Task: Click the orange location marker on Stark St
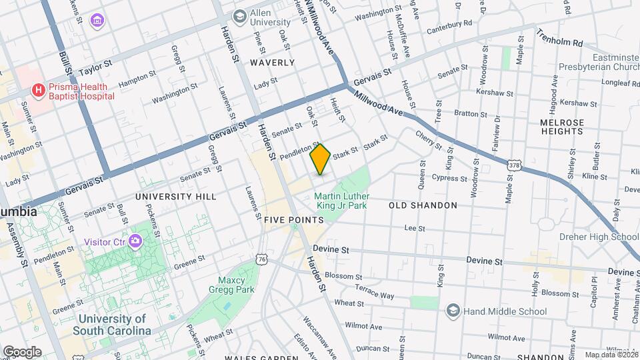point(321,159)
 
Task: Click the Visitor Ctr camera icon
point(137,241)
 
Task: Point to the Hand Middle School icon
point(453,311)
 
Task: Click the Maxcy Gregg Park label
point(237,285)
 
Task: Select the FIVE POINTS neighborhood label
point(290,219)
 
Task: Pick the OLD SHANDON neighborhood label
point(423,205)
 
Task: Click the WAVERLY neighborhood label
point(272,63)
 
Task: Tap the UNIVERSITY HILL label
point(175,197)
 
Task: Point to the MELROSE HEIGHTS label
point(563,127)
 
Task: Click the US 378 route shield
point(513,164)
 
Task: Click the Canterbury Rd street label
point(449,24)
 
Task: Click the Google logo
point(22,352)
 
